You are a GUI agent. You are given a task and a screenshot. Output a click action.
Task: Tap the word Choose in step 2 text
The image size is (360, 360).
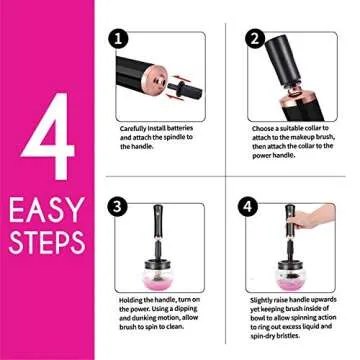tap(262, 128)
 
